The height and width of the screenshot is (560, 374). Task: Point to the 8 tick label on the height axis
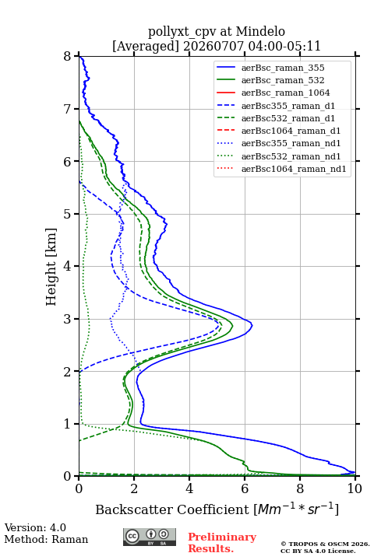(68, 56)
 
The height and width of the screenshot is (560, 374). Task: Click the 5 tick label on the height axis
(68, 214)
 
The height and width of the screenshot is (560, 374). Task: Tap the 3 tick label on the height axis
(68, 319)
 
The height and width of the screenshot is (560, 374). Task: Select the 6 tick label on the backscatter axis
(245, 488)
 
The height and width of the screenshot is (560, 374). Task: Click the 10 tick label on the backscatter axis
(355, 488)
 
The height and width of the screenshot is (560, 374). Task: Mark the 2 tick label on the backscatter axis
(134, 488)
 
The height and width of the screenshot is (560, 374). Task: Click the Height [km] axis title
(51, 267)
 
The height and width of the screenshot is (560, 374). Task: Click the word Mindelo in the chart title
(260, 31)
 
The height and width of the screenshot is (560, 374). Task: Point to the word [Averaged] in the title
(145, 46)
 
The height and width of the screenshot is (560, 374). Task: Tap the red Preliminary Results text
(222, 543)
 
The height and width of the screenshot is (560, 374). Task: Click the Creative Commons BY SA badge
(150, 537)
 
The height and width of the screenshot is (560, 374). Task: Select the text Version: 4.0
(35, 527)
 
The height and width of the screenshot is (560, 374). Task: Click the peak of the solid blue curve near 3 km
(252, 325)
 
